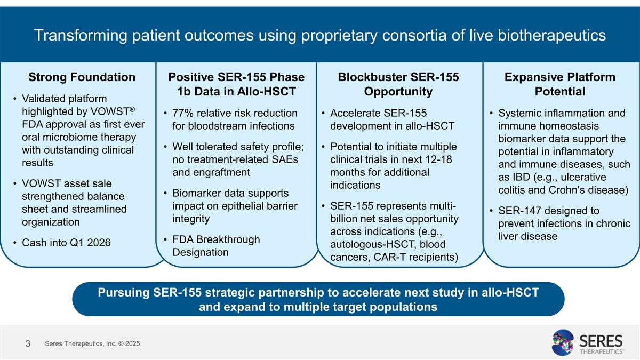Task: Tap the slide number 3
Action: (x=27, y=345)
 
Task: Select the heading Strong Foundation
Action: (x=82, y=78)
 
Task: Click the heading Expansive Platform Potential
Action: (x=559, y=84)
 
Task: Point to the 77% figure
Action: (x=183, y=114)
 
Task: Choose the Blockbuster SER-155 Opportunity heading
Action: (x=398, y=84)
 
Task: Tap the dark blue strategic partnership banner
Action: (x=318, y=299)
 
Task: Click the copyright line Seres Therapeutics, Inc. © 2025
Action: (x=92, y=344)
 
